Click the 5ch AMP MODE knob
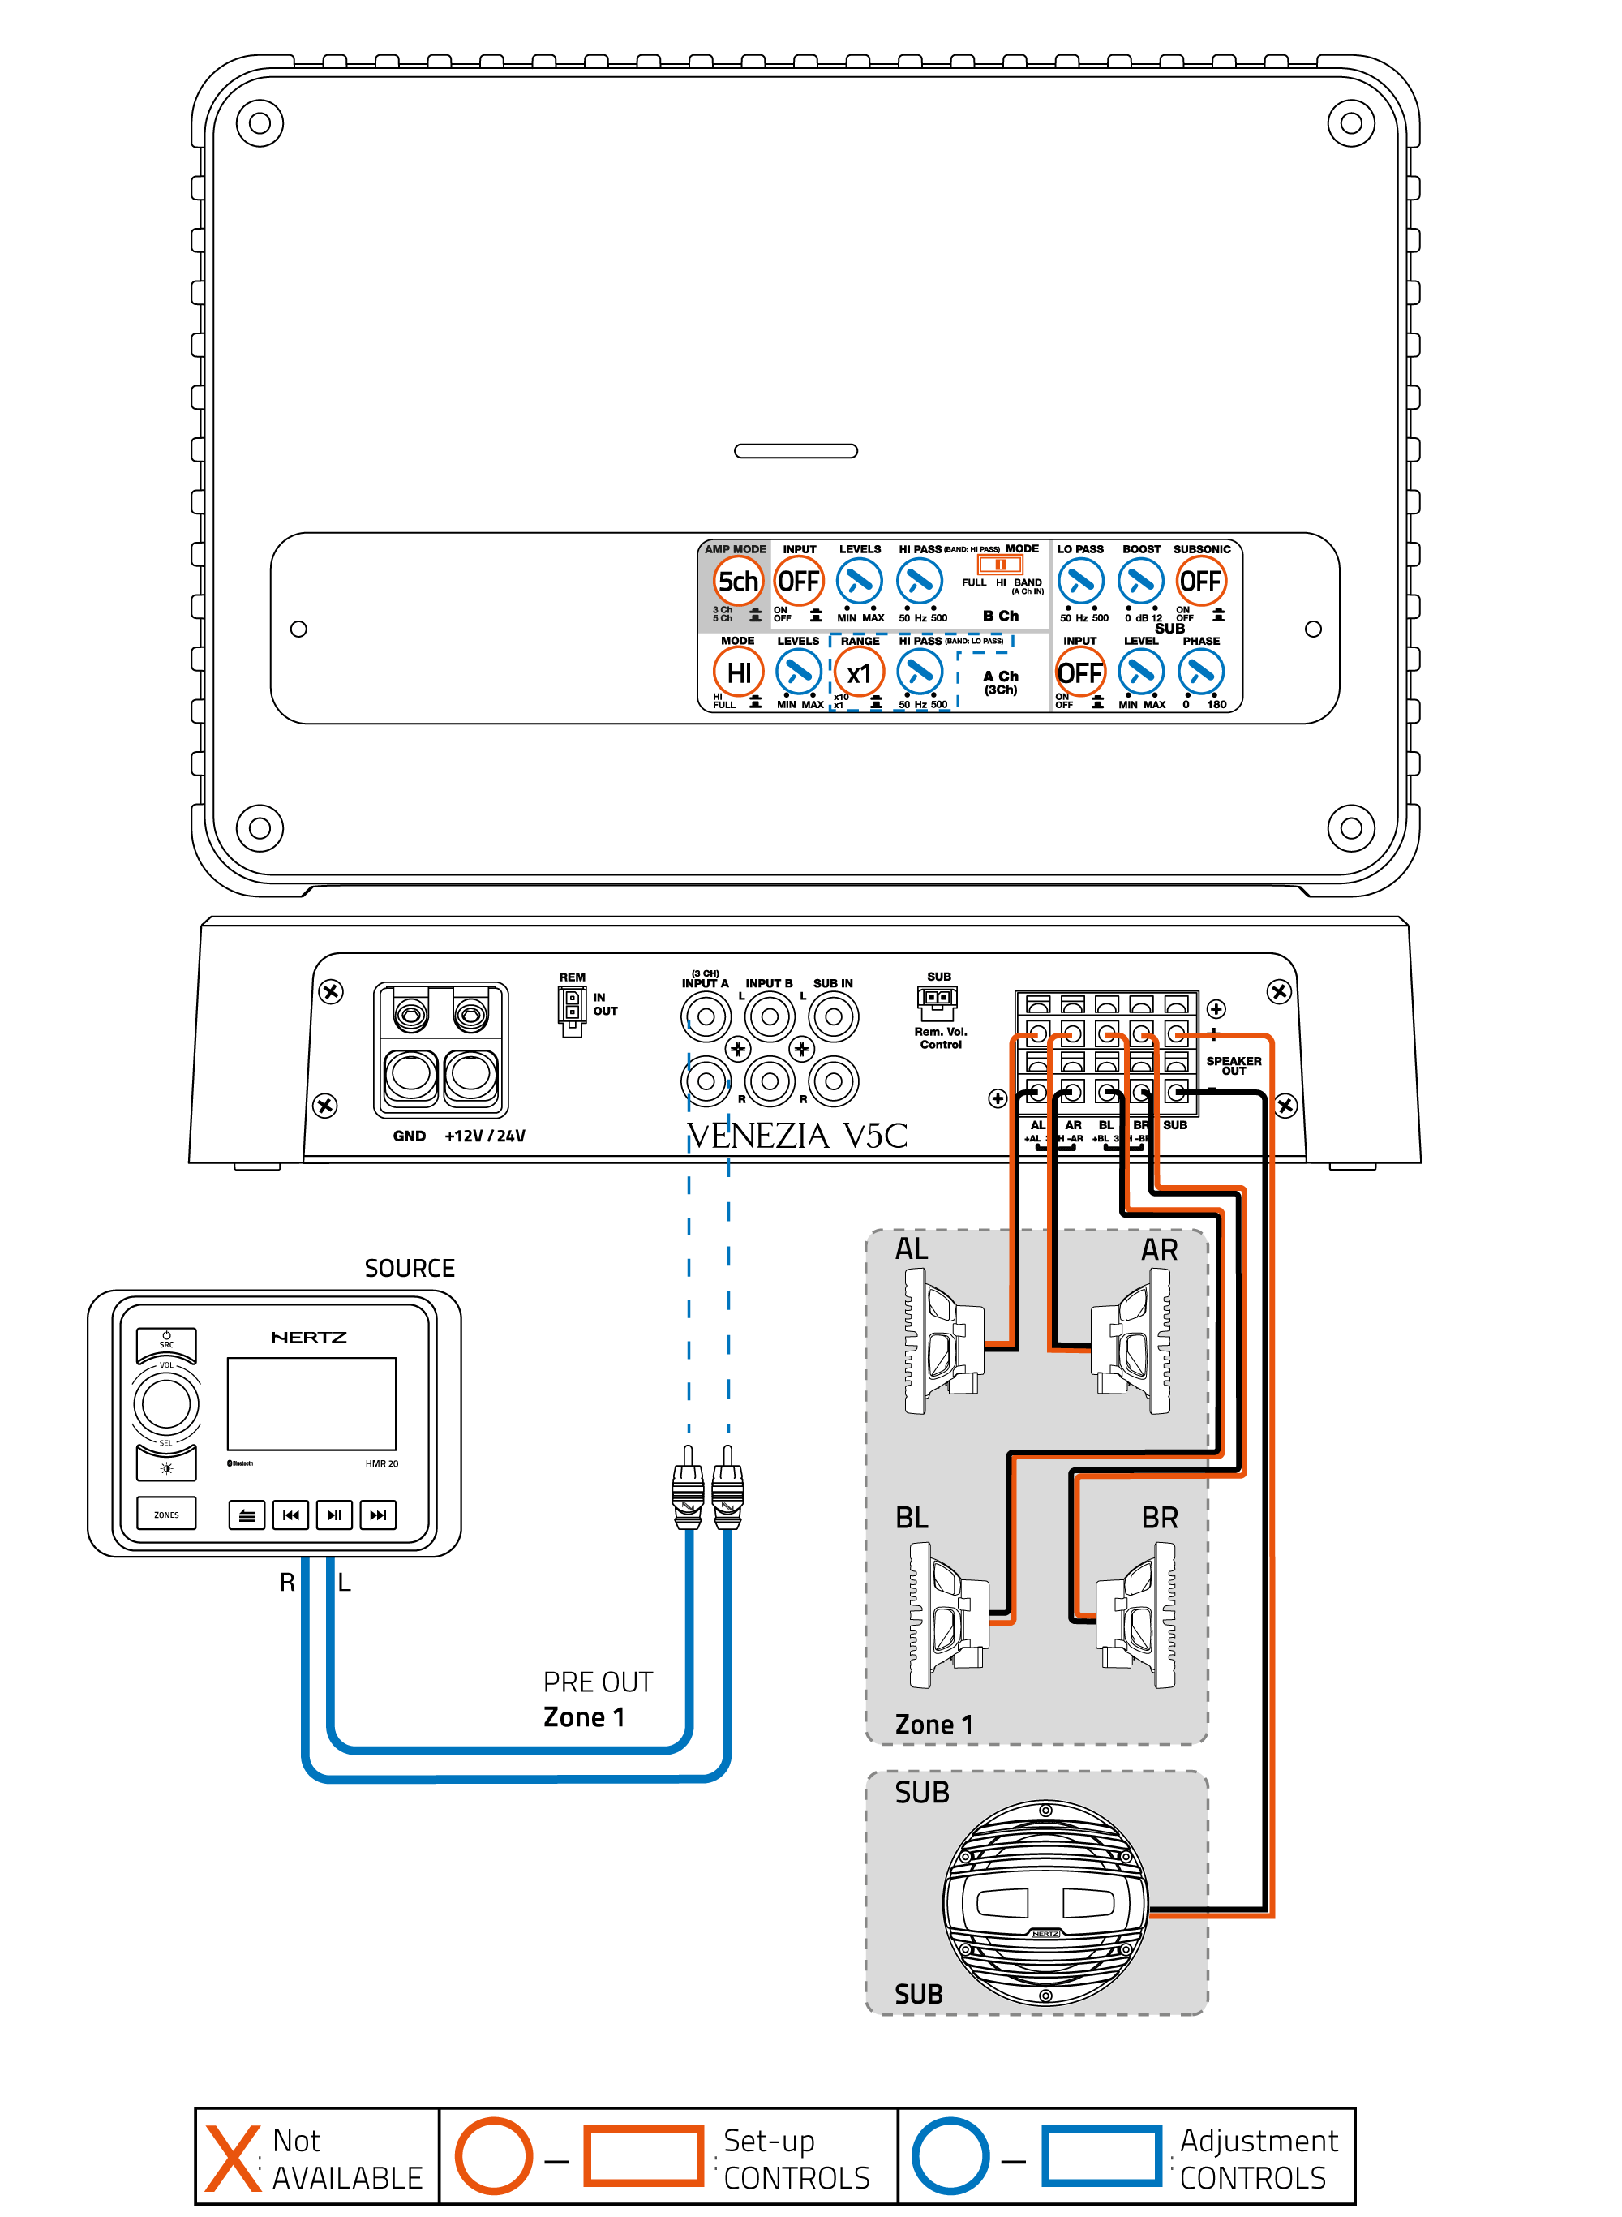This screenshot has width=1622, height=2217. (x=737, y=582)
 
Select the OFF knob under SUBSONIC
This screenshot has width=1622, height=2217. (x=1199, y=582)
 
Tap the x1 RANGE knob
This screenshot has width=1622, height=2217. (x=859, y=673)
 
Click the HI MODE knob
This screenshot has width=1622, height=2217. (x=737, y=673)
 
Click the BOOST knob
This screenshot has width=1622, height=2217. (x=1140, y=582)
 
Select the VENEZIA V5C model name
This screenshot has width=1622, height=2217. (x=796, y=1136)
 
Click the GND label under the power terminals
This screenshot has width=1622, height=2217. (x=409, y=1136)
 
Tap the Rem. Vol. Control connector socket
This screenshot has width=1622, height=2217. (x=937, y=999)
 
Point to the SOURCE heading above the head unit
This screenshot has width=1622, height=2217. (x=410, y=1269)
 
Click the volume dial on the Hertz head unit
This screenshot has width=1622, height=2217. (x=166, y=1404)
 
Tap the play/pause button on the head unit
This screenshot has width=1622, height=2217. (x=334, y=1515)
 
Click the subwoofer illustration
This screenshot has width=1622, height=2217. (x=1045, y=1903)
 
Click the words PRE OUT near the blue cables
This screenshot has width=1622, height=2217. (x=598, y=1683)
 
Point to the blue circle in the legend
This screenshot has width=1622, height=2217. (x=950, y=2157)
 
